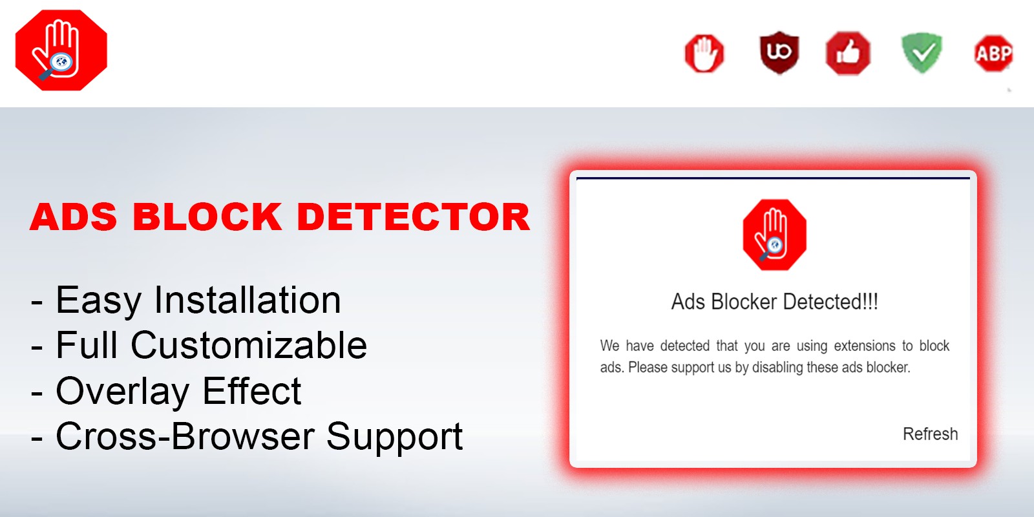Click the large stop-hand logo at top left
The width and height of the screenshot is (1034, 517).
61,50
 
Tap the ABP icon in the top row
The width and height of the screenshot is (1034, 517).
993,53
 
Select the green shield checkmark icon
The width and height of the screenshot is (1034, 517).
922,52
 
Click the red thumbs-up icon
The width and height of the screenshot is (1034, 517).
848,53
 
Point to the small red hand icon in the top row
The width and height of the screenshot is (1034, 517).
704,53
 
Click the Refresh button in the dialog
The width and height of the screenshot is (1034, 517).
930,434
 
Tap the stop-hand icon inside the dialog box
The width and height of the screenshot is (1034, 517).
774,235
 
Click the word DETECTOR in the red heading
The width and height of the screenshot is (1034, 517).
414,216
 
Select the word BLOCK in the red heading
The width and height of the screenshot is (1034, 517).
207,216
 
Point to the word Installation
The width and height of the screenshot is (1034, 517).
247,301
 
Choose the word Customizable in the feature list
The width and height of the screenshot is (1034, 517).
249,345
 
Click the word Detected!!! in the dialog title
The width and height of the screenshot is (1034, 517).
830,302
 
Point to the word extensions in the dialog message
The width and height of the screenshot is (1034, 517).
865,346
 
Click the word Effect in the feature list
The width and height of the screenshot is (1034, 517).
251,391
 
